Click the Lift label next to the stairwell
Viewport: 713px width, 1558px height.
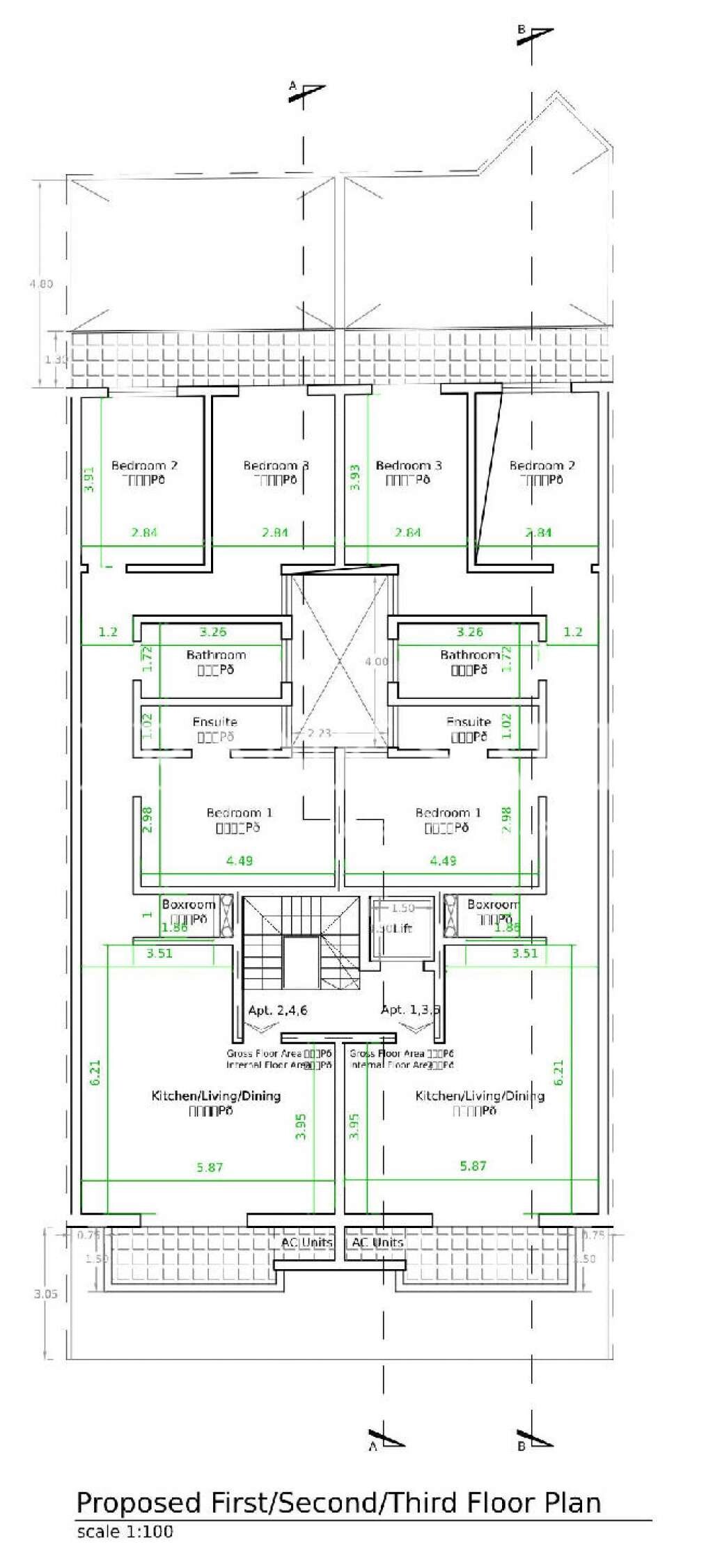(x=402, y=928)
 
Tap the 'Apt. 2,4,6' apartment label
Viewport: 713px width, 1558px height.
(x=278, y=1009)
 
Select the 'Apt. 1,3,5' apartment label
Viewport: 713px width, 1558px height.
(x=411, y=1009)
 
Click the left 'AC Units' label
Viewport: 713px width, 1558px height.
(x=306, y=1242)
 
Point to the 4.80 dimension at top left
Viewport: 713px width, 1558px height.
(x=40, y=284)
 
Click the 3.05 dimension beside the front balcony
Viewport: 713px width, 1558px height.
(x=46, y=1294)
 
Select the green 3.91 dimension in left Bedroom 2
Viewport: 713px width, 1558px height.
(x=89, y=479)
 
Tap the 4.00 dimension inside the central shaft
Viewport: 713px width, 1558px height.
(x=377, y=661)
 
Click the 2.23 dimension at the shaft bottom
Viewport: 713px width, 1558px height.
(x=319, y=732)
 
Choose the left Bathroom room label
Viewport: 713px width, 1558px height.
(x=216, y=654)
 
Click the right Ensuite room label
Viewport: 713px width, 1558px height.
(x=469, y=722)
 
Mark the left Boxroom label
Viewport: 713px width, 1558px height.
(x=188, y=904)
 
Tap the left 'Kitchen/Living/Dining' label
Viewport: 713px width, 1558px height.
(x=216, y=1096)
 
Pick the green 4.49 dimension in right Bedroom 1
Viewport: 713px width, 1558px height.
(x=443, y=860)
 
